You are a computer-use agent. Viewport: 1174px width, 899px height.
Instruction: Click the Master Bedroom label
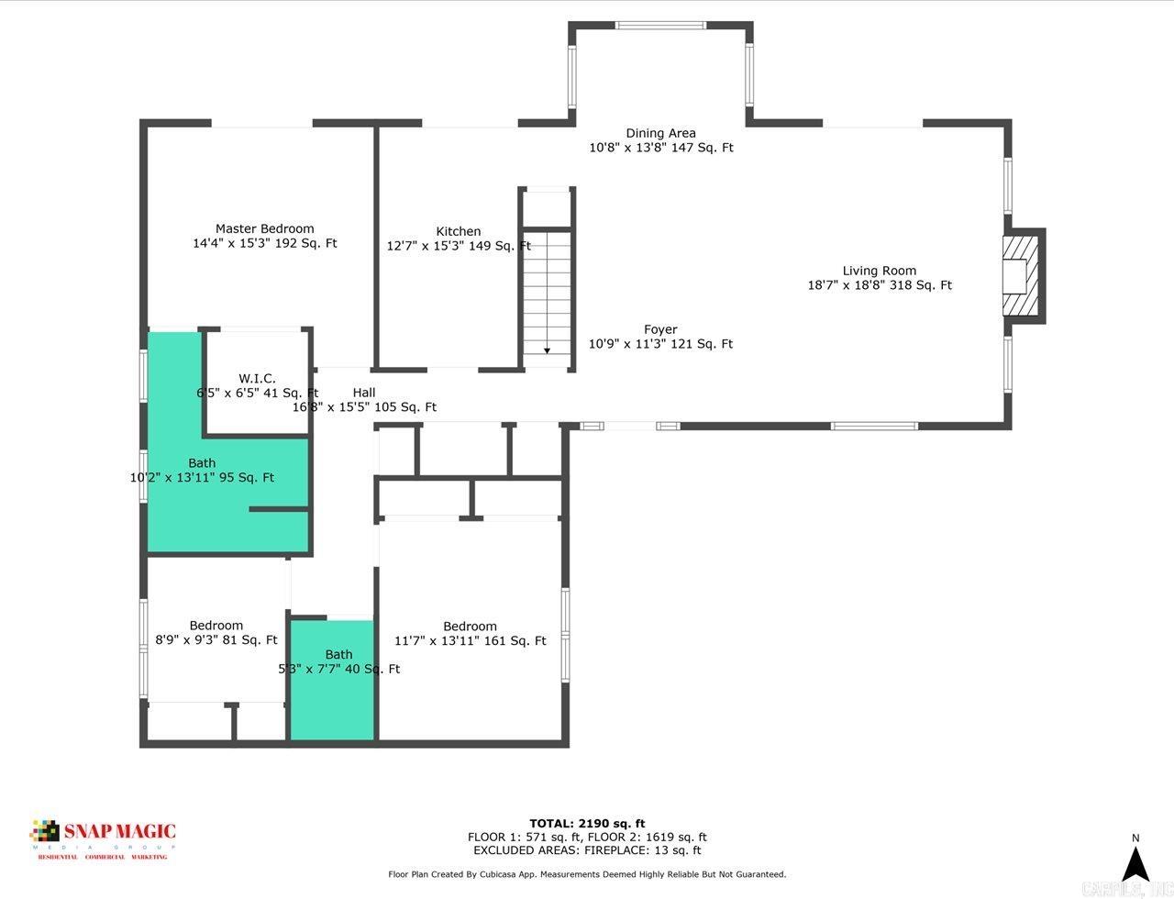[264, 228]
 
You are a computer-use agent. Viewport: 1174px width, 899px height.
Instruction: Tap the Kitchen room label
[458, 231]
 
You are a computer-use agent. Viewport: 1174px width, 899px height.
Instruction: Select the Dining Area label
[660, 133]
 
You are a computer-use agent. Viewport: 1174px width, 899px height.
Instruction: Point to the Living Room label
[879, 271]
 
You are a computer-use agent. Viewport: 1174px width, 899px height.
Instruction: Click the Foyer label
[660, 329]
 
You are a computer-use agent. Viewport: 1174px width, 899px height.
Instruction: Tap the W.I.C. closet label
[257, 378]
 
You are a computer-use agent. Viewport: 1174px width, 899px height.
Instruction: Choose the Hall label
[364, 393]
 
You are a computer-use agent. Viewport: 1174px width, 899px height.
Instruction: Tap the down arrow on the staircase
[547, 349]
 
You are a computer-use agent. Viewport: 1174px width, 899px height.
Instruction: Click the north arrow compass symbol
[1136, 862]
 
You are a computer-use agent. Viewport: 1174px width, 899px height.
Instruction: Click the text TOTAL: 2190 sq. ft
[587, 823]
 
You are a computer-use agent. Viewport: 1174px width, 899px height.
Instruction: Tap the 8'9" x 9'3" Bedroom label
[216, 626]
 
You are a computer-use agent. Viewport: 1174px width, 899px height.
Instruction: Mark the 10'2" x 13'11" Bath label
[202, 463]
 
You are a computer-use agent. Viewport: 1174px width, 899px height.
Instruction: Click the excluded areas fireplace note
[587, 850]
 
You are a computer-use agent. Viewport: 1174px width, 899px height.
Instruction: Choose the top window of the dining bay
[660, 26]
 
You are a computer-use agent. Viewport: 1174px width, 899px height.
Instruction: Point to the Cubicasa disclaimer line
[587, 874]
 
